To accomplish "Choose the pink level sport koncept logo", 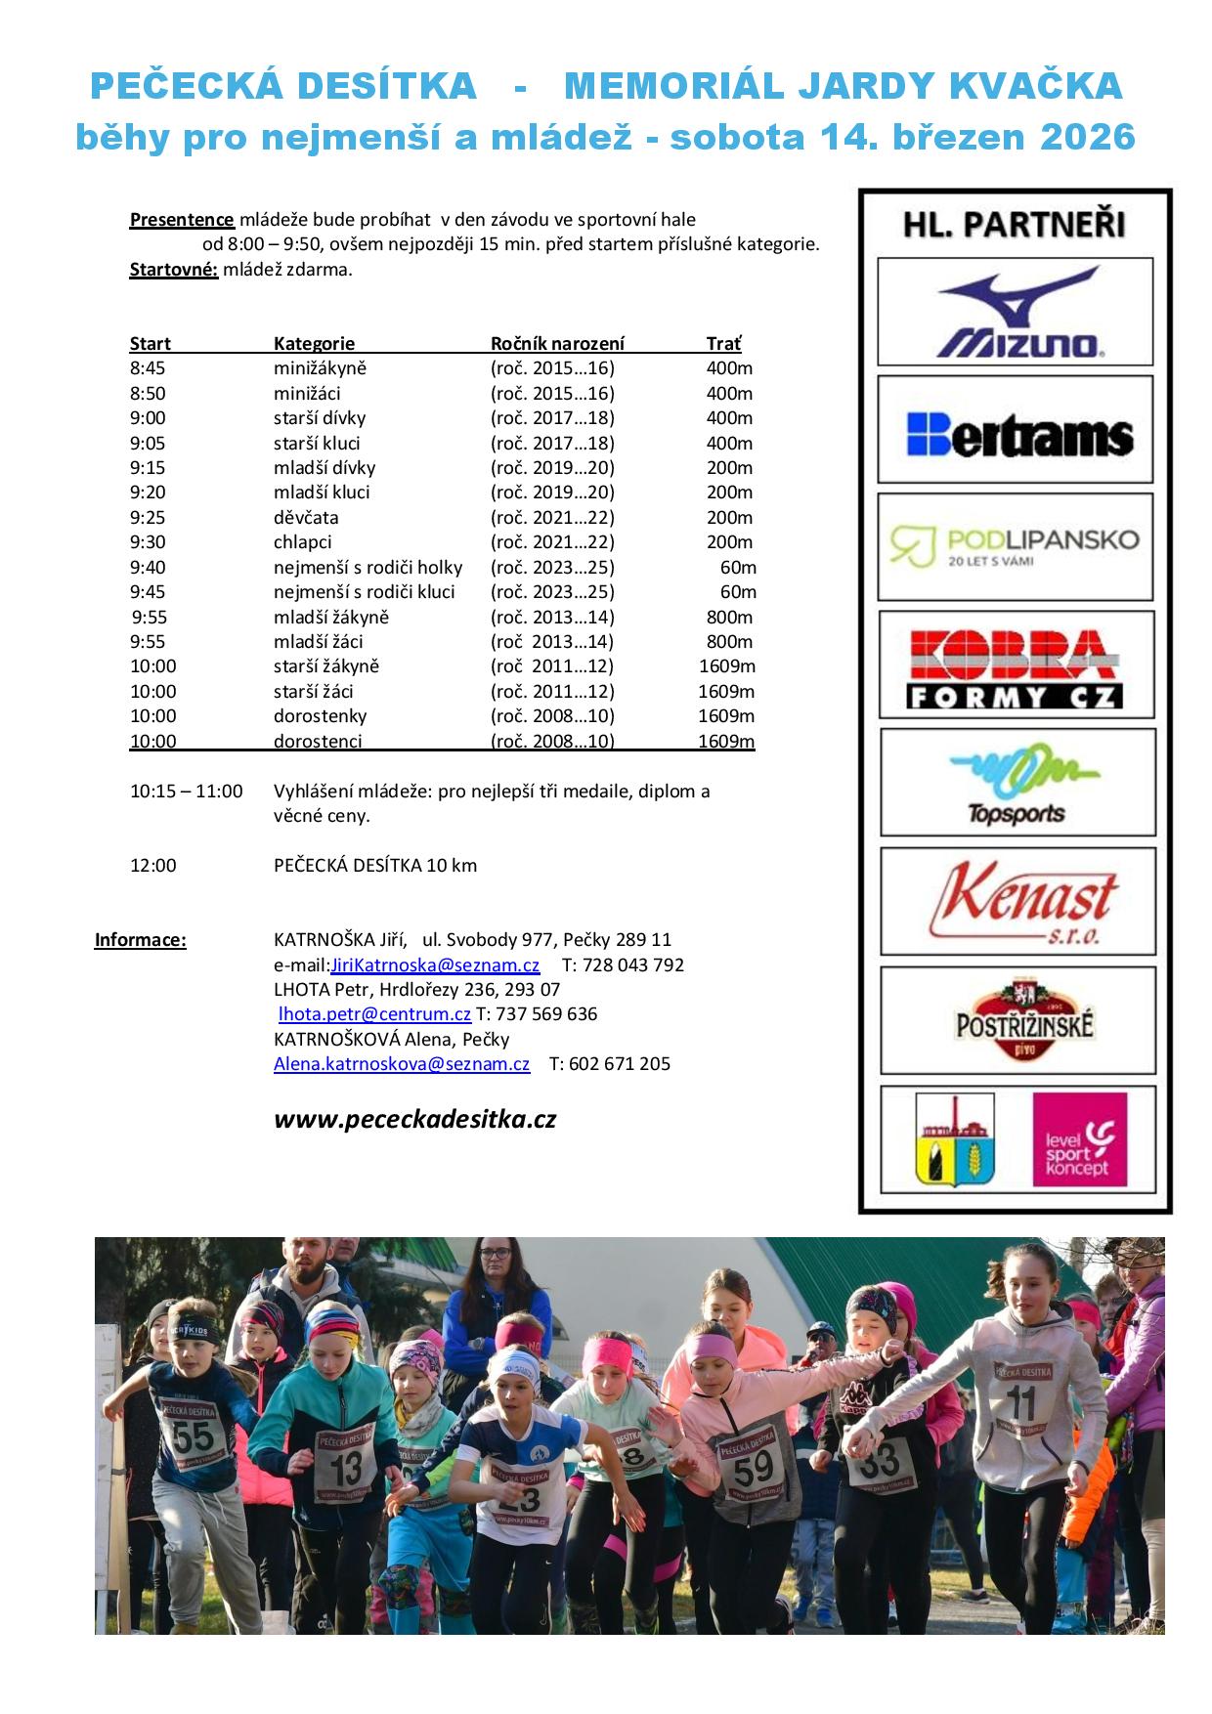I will coord(1079,1139).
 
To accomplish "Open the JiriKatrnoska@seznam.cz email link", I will coord(435,965).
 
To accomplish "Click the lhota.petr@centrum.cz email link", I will coord(374,1014).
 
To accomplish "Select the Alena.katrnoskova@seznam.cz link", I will coord(402,1064).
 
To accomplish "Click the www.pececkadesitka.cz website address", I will coord(414,1120).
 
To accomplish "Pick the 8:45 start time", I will coord(148,368).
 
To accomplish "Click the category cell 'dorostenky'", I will coord(320,716).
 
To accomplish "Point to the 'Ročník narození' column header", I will coord(557,344).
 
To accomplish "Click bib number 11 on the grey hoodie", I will coord(1020,1404).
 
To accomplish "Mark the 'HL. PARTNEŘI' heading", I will coord(1014,225).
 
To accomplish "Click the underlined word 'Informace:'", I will coord(140,940).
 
